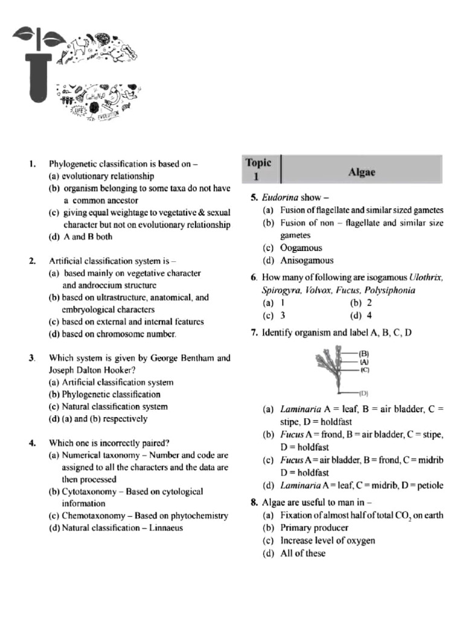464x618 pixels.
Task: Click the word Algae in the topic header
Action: pos(362,172)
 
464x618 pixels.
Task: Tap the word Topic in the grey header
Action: pos(259,162)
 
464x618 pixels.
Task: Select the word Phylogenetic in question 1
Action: pos(73,164)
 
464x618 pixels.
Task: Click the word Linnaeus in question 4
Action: pos(163,527)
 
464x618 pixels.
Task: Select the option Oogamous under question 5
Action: pos(301,248)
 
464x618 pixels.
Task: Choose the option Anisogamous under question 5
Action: pos(306,261)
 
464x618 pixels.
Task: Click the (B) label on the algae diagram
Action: pos(364,353)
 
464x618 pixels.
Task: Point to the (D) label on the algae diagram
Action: pos(364,392)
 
